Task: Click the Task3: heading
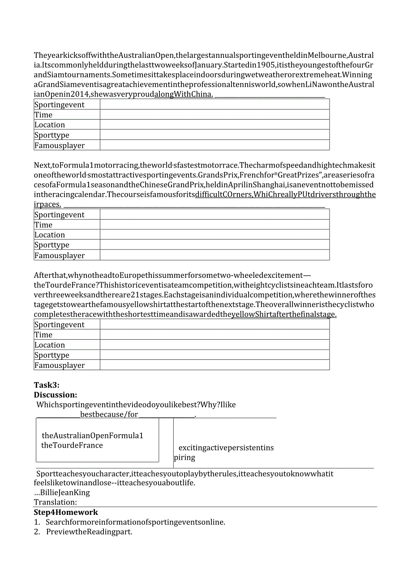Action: [x=47, y=385]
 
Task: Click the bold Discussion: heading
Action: [x=56, y=395]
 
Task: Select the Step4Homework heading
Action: [x=66, y=512]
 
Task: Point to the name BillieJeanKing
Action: [x=65, y=492]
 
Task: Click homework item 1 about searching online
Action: [x=135, y=522]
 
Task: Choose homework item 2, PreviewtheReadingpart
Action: [x=89, y=532]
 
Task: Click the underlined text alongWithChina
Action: [x=184, y=95]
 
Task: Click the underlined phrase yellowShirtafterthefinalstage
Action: [x=284, y=314]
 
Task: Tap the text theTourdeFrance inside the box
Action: [x=72, y=445]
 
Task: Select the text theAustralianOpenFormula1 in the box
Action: [x=93, y=436]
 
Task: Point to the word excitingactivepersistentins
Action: [x=226, y=448]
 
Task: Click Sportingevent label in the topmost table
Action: [x=60, y=105]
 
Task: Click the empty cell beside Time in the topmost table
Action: [x=215, y=115]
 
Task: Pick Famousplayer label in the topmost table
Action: [x=60, y=145]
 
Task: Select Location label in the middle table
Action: [x=50, y=235]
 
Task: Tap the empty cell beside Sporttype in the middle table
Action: [x=215, y=245]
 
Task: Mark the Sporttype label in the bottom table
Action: [x=52, y=355]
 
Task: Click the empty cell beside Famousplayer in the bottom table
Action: [x=215, y=365]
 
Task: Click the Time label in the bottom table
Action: [x=43, y=335]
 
